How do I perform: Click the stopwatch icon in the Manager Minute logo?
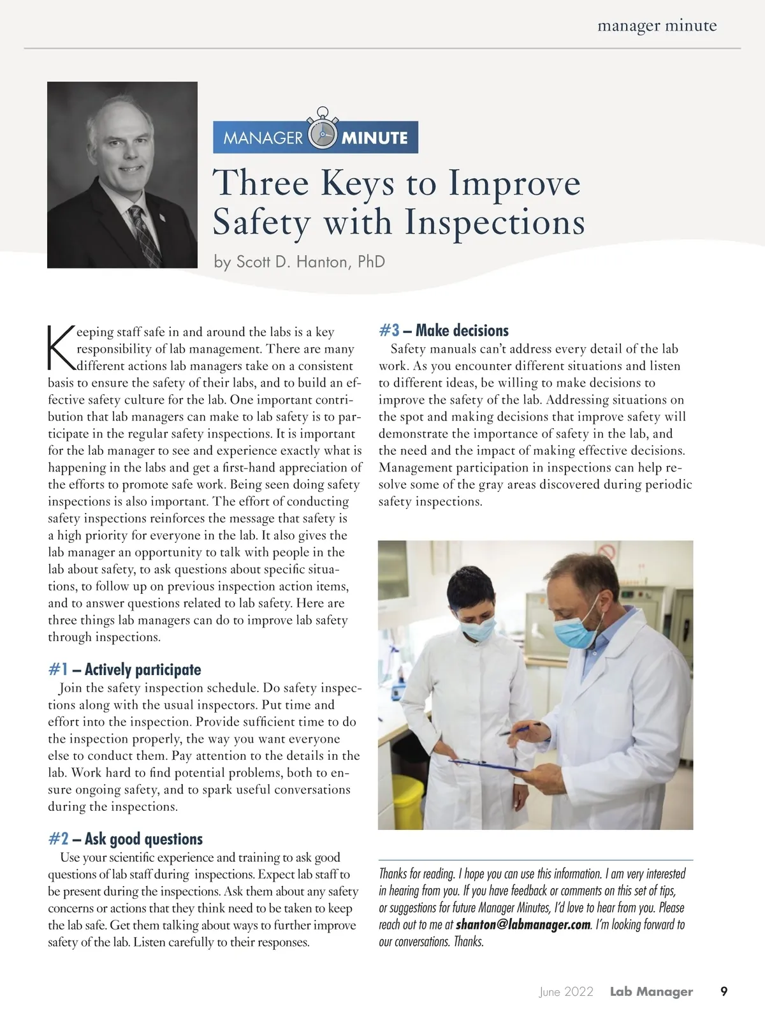coord(322,133)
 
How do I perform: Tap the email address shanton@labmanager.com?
coord(523,925)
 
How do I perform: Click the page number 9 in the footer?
coord(724,991)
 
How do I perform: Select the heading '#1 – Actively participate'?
coord(124,669)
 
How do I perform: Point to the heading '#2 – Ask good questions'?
coord(125,839)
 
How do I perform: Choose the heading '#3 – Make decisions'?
coord(444,330)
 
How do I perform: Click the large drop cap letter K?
coord(61,348)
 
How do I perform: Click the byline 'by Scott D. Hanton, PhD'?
coord(300,262)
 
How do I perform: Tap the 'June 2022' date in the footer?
coord(566,991)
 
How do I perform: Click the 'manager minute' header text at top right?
coord(657,26)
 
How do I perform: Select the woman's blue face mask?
coord(478,629)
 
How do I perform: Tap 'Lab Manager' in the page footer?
coord(651,991)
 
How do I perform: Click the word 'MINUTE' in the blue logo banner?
coord(375,138)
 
